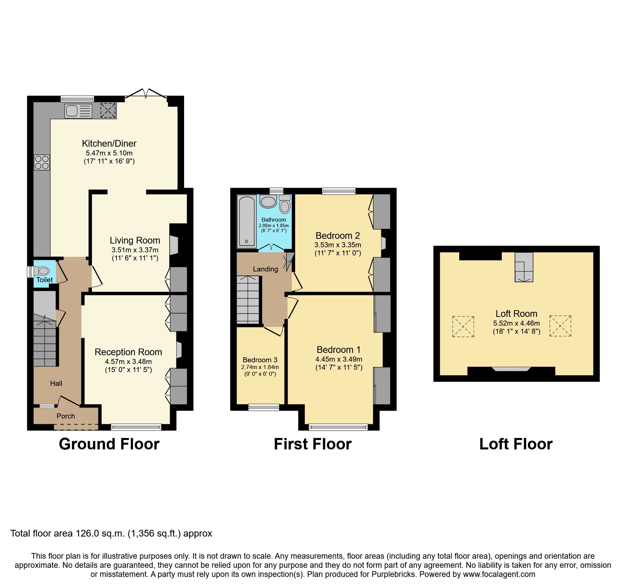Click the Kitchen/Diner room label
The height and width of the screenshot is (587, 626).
[109, 144]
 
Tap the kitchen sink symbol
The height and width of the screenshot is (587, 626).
[78, 111]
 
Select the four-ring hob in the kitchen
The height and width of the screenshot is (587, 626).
[42, 162]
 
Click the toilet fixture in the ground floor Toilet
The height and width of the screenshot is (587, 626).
[42, 271]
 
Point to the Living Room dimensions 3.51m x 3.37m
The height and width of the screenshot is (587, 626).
[135, 250]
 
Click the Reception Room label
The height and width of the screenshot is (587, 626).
[128, 352]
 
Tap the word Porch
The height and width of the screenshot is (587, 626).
[66, 416]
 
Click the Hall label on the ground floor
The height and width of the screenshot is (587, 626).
[56, 383]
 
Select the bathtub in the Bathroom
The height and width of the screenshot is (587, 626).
[247, 221]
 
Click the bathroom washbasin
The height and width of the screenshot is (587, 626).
[268, 202]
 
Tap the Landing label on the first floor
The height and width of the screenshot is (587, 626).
[265, 269]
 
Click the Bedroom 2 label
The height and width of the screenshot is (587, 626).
[338, 235]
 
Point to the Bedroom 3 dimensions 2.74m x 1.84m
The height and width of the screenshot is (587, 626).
[260, 367]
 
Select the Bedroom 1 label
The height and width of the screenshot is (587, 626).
[339, 350]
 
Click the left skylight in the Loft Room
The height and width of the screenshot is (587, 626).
[463, 326]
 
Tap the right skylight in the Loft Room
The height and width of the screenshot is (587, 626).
[560, 326]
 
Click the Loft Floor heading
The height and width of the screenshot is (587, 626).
[516, 444]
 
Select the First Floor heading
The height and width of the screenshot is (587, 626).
[313, 444]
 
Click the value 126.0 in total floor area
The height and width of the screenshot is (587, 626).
[87, 534]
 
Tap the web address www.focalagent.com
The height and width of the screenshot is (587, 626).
[499, 574]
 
